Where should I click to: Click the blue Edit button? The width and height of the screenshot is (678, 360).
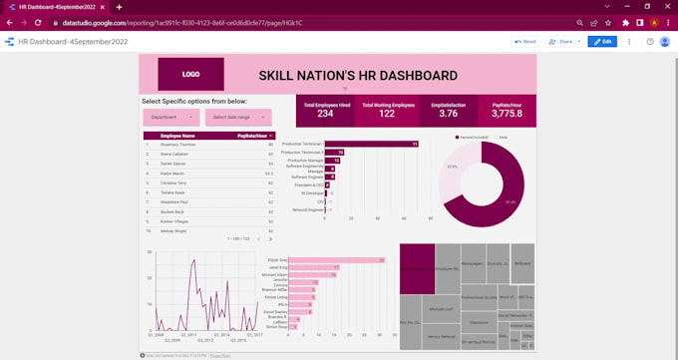(602, 42)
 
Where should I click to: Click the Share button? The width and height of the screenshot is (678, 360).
(563, 42)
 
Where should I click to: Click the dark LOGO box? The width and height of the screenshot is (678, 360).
(190, 74)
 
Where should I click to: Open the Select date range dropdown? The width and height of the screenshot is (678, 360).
(233, 117)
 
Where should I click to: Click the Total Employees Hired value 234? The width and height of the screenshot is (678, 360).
(325, 114)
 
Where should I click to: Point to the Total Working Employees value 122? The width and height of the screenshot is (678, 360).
(387, 114)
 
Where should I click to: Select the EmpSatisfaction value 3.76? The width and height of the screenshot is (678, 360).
(449, 114)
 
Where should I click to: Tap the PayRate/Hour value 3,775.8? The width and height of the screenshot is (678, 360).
(507, 114)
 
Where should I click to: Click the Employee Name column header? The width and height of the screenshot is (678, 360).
(177, 136)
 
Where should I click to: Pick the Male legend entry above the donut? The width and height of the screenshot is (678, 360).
(502, 137)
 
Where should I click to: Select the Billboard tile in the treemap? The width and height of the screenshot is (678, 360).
(522, 263)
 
